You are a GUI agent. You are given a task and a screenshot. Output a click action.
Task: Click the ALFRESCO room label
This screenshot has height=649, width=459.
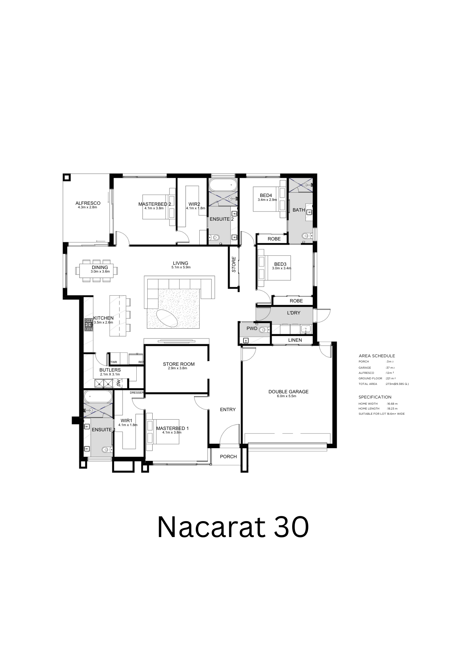click(x=88, y=203)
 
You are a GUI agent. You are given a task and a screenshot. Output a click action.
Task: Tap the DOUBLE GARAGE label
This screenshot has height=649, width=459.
click(x=288, y=392)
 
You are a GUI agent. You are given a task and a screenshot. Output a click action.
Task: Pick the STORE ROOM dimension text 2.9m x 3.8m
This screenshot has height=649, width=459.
click(x=178, y=368)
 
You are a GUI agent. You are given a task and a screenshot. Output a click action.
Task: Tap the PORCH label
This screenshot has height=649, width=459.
click(x=228, y=457)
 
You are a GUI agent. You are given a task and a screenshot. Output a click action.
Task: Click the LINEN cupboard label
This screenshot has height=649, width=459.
click(x=295, y=340)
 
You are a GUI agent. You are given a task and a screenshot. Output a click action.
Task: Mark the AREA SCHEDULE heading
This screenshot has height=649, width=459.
click(x=377, y=356)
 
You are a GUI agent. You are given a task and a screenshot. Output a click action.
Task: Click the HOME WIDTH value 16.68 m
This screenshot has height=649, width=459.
click(x=392, y=404)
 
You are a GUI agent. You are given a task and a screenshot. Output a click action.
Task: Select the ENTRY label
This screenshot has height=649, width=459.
click(x=228, y=410)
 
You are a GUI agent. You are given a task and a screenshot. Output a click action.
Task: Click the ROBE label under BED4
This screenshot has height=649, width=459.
click(x=274, y=239)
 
